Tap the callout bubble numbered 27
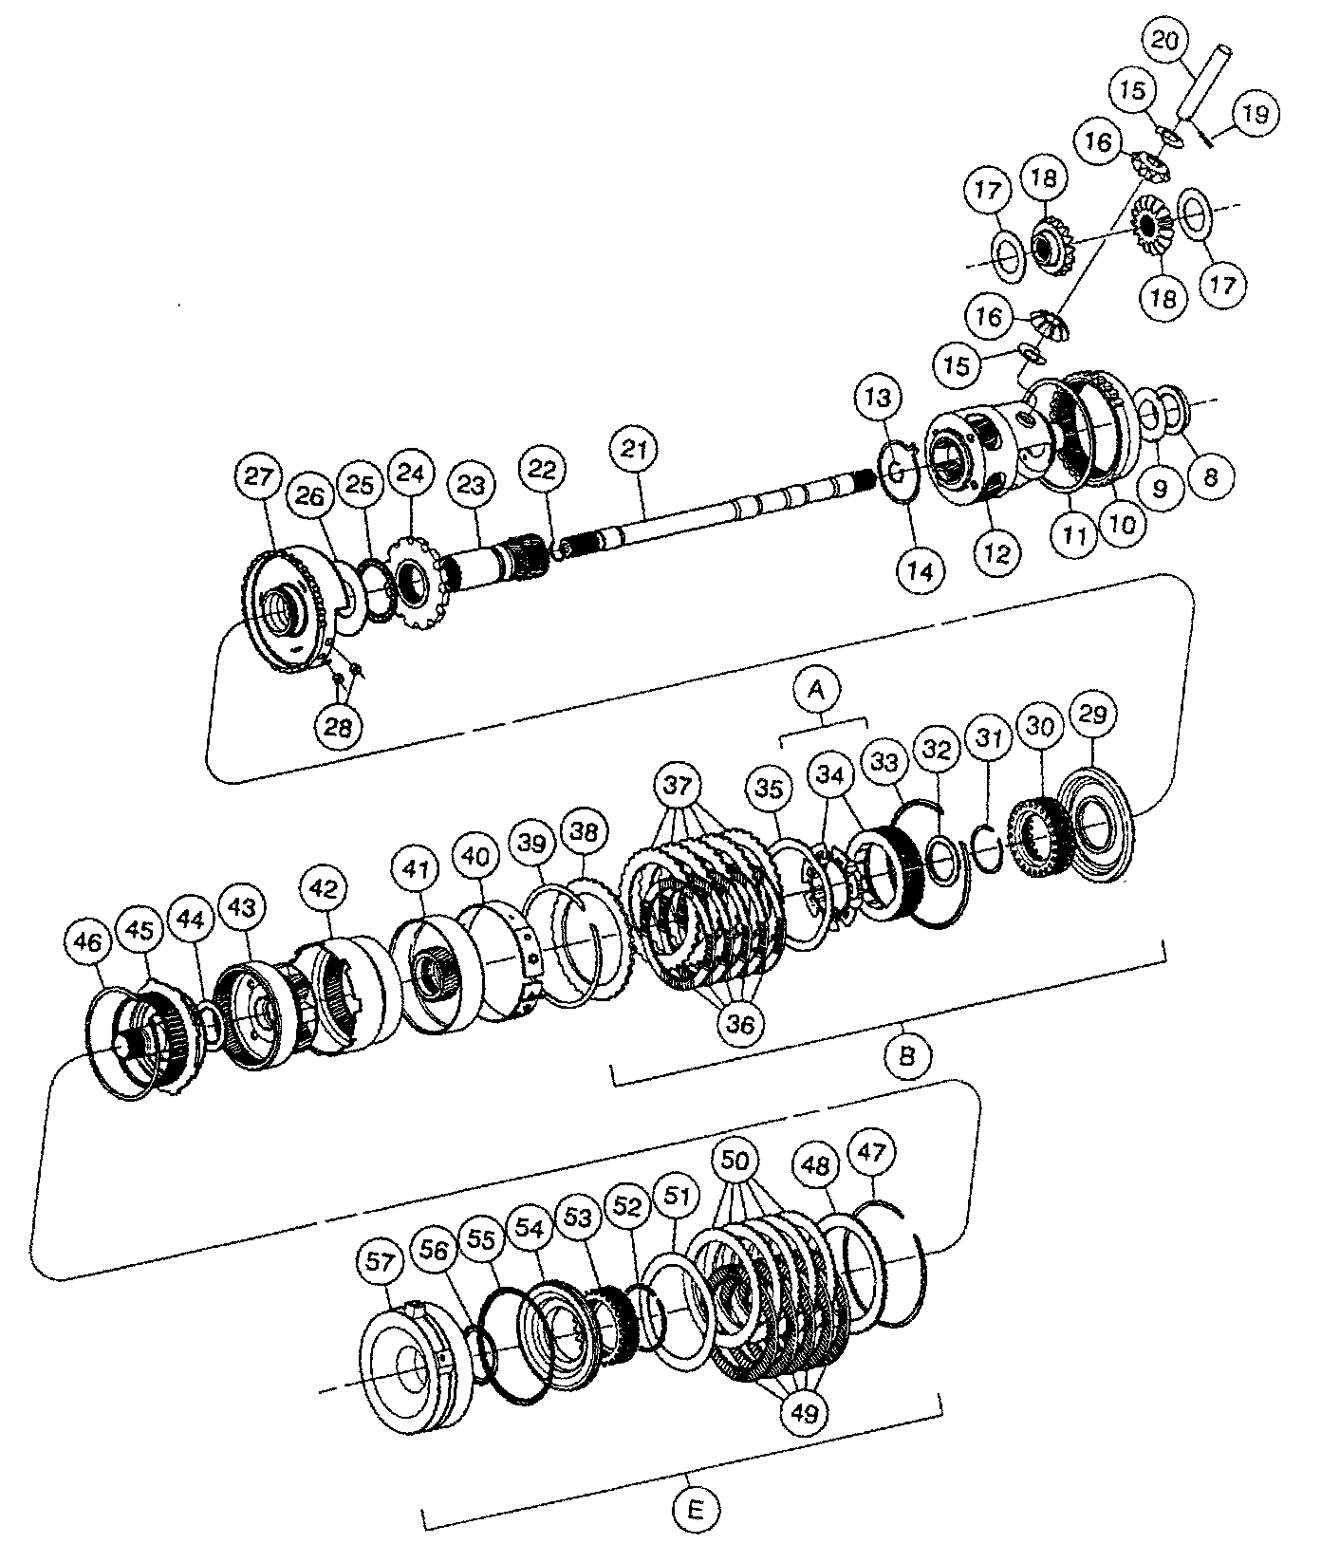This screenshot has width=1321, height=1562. point(259,476)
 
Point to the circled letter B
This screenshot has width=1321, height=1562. point(906,1054)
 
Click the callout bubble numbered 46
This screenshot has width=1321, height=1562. point(86,942)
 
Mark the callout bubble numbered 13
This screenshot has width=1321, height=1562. point(879,398)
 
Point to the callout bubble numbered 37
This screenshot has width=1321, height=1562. point(679,787)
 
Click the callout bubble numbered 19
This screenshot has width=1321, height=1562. point(1254,114)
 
